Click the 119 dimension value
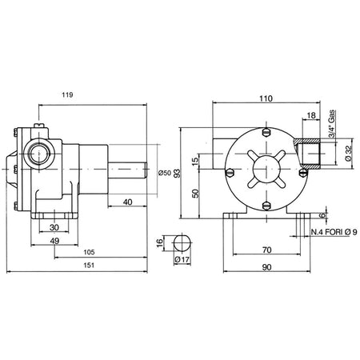tap(67, 95)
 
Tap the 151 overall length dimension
tap(89, 265)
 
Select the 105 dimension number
tap(89, 252)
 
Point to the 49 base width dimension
tap(54, 241)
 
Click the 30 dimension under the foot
tap(54, 227)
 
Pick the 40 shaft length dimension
tap(127, 202)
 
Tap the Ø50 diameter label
tap(165, 173)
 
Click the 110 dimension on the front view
tap(266, 98)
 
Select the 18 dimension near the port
tap(311, 115)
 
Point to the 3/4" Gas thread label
tap(331, 124)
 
